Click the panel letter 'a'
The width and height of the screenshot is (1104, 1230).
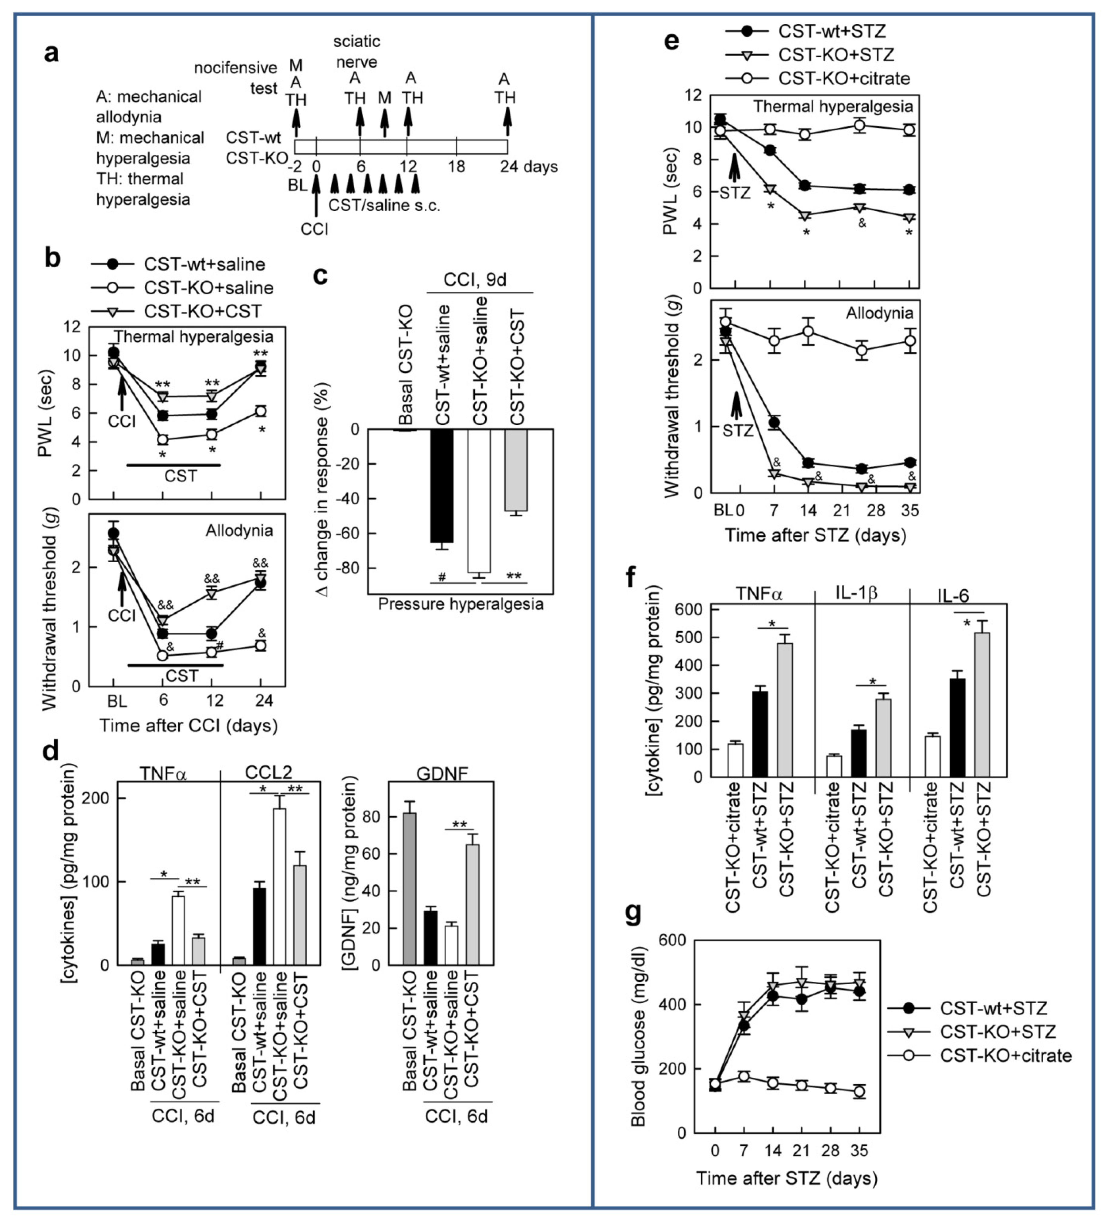[52, 53]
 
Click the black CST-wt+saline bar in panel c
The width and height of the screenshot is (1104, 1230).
[442, 486]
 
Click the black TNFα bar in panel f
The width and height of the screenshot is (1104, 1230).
[760, 734]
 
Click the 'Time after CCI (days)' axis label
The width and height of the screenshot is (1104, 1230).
[188, 726]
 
